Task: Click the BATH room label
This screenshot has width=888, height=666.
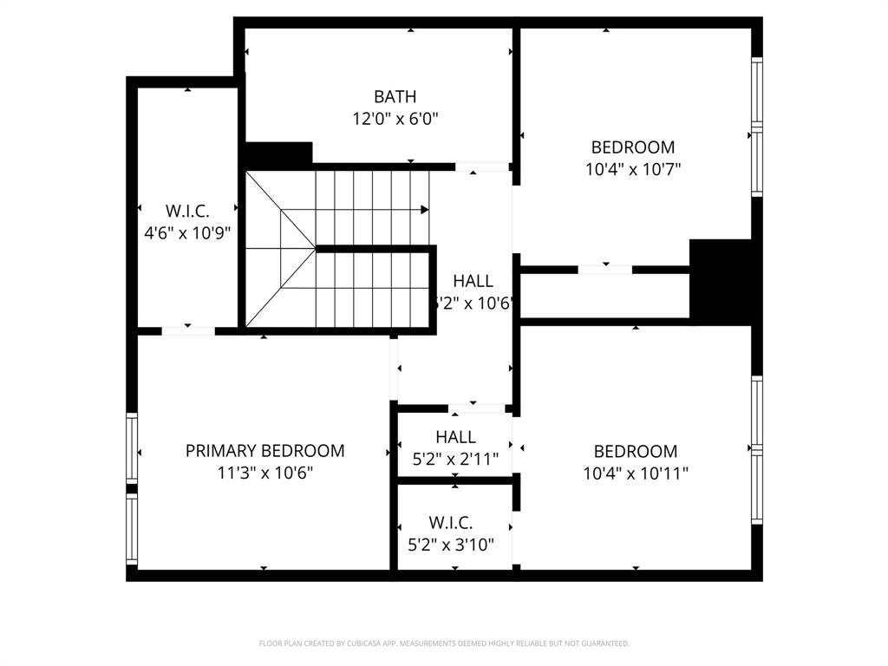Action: click(x=395, y=96)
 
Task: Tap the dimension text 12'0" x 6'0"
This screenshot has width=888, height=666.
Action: click(x=395, y=119)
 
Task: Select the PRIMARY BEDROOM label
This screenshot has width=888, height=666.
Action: click(x=264, y=451)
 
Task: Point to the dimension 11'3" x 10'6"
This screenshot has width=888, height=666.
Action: click(x=264, y=473)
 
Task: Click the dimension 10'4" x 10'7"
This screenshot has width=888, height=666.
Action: click(x=633, y=170)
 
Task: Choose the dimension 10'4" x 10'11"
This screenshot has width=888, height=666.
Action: click(x=636, y=473)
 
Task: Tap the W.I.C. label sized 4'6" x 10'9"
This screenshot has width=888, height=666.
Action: click(x=187, y=211)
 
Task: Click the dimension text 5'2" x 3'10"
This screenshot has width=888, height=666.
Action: click(x=451, y=545)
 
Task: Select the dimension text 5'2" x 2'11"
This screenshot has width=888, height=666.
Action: click(x=454, y=459)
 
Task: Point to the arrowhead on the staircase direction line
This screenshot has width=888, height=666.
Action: click(x=425, y=210)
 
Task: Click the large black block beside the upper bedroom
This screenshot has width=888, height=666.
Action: click(x=721, y=282)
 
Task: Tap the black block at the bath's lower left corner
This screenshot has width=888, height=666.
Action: click(x=277, y=155)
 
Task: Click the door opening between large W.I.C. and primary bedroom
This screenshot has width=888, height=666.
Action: click(x=188, y=330)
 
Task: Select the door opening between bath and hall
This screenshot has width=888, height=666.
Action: click(x=481, y=166)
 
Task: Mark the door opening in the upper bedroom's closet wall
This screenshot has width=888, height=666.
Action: click(x=604, y=270)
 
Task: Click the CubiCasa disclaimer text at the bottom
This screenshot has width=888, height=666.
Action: click(x=444, y=643)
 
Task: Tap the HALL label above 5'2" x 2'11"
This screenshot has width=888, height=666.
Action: click(x=455, y=437)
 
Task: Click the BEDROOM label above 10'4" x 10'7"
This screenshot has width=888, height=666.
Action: click(x=633, y=147)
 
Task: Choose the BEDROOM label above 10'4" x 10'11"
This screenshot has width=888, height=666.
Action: click(x=636, y=451)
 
